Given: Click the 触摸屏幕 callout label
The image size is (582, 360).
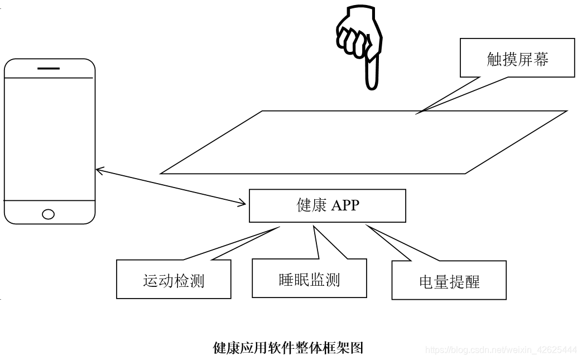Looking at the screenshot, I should pos(517,58).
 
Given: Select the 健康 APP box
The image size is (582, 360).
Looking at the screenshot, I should pos(327,205).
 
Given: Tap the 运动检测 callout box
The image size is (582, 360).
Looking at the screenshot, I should pos(174,279).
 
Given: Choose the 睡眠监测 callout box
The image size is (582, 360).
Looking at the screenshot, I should pos(309,279).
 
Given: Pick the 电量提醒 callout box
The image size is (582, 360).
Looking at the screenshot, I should pos(449,280).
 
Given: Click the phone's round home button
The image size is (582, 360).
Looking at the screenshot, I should pos(49,214).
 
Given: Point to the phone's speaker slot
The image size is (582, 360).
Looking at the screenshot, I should pos(49,68).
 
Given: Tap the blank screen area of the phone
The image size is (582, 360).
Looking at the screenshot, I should pos(49,138).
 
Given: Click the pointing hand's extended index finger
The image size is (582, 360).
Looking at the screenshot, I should pos(371,73).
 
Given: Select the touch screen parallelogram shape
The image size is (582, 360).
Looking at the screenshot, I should pos(363,142).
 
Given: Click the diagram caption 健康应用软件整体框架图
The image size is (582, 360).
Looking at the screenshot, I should pos(288,348).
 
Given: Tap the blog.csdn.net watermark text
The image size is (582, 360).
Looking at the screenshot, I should pos(501,350).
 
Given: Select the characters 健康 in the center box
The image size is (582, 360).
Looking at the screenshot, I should pos(311,205).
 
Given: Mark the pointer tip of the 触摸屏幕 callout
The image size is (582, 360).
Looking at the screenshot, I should pos(417,113).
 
